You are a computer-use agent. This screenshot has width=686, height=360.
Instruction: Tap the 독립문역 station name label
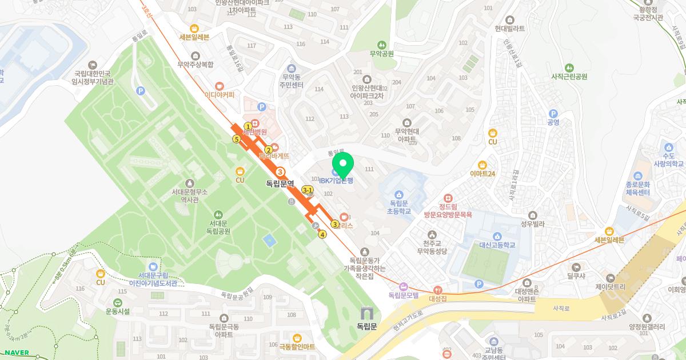[280, 184]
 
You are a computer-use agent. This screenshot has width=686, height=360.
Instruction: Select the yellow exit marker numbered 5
[236, 139]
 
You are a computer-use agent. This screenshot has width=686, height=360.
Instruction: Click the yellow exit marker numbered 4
[322, 234]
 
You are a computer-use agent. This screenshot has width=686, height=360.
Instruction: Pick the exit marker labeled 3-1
[308, 190]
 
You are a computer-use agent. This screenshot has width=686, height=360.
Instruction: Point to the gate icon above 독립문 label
[366, 314]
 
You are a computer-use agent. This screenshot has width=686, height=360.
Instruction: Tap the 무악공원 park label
[382, 54]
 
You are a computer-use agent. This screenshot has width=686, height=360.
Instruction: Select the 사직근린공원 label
[569, 76]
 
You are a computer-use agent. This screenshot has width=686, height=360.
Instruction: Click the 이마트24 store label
[482, 173]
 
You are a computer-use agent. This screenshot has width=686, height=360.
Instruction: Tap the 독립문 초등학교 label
[399, 207]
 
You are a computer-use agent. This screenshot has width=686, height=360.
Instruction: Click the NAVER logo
[17, 353]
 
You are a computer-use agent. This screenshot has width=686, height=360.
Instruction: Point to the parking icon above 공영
[553, 114]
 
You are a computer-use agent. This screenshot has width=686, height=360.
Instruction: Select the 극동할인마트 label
[297, 346]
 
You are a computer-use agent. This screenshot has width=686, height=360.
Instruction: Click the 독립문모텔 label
[404, 295]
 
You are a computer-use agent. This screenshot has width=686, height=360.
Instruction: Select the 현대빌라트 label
[510, 27]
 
